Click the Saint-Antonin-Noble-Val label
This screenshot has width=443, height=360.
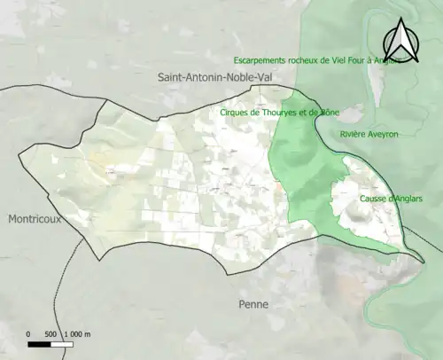(215, 78)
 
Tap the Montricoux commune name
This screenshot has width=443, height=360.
(35, 219)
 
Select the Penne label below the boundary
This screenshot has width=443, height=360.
(253, 304)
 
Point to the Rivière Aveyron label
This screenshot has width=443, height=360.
(369, 134)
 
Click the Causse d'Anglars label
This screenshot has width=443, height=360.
(389, 199)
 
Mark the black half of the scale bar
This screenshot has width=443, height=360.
(39, 343)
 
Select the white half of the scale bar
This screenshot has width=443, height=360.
(62, 343)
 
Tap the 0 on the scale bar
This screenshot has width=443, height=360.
(28, 333)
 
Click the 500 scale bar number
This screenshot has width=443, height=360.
(51, 333)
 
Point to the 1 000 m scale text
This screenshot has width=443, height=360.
(78, 333)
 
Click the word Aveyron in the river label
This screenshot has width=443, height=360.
(382, 134)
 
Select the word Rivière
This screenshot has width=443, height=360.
(352, 134)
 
